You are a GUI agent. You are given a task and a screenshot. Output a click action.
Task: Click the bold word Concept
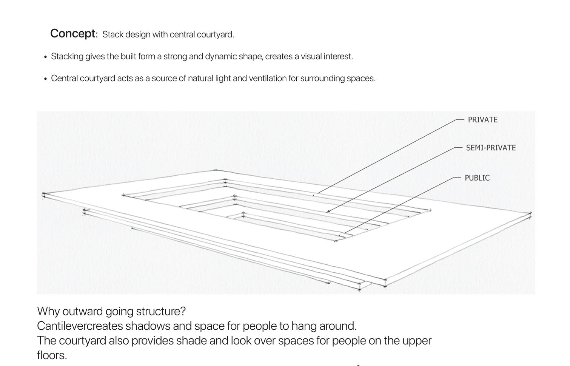pos(73,34)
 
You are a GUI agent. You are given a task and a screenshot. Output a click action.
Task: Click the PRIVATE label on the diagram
pos(482,120)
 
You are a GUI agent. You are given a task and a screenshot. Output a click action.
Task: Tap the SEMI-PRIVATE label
pos(491,148)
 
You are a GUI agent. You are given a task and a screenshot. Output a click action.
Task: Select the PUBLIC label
pos(477,178)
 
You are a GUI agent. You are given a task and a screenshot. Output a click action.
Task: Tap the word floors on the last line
pos(52,355)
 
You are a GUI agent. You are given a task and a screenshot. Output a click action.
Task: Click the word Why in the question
pos(48,311)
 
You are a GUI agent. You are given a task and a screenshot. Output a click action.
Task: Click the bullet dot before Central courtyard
pos(45,79)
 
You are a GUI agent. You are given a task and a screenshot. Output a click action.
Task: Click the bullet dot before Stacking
pos(45,57)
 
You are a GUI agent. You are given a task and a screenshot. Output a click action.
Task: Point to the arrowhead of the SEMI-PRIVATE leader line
pos(328,212)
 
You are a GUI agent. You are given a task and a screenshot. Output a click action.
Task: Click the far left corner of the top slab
pos(44,195)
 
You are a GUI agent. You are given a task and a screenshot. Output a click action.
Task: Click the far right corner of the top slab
pos(530,214)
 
